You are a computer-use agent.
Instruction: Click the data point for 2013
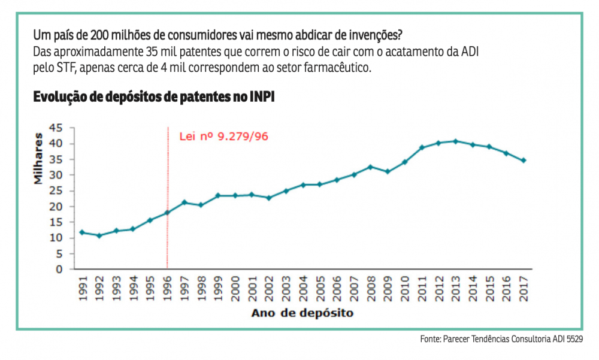[x=456, y=141]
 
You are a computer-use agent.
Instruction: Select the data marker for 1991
[x=82, y=232]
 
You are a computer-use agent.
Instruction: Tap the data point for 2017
[x=524, y=161]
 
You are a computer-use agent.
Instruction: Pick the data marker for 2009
[x=388, y=172]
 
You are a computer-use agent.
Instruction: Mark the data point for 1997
[x=184, y=202]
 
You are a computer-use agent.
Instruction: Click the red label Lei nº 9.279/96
[x=223, y=136]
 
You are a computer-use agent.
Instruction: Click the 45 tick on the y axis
[x=56, y=128]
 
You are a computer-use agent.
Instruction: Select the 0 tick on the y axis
[x=59, y=270]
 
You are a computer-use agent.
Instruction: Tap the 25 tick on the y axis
[x=56, y=190]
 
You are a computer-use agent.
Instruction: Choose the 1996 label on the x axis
[x=167, y=288]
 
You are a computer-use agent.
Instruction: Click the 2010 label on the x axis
[x=405, y=288]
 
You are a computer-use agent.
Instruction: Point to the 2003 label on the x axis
[x=286, y=288]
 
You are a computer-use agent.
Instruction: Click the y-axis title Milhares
[x=38, y=161]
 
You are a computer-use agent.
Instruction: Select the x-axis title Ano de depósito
[x=302, y=313]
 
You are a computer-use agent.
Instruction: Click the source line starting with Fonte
[x=501, y=339]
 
